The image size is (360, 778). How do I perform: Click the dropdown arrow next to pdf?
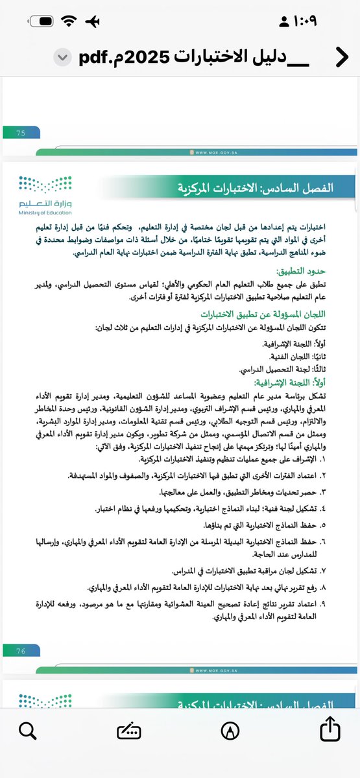61,57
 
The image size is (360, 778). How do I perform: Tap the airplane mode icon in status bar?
93,21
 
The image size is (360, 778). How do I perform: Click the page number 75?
20,133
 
